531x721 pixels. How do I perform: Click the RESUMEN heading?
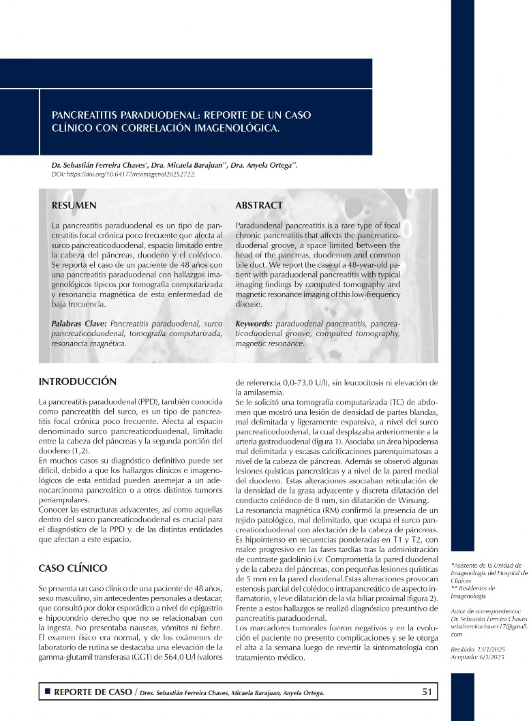[x=74, y=205]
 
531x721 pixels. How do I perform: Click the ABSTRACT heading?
[x=259, y=205]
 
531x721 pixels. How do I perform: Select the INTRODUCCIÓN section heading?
[x=78, y=382]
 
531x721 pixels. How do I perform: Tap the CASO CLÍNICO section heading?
[x=73, y=568]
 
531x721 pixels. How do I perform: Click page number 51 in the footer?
[x=427, y=692]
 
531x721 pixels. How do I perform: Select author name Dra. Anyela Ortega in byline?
[x=264, y=165]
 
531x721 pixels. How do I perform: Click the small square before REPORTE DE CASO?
[x=47, y=692]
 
